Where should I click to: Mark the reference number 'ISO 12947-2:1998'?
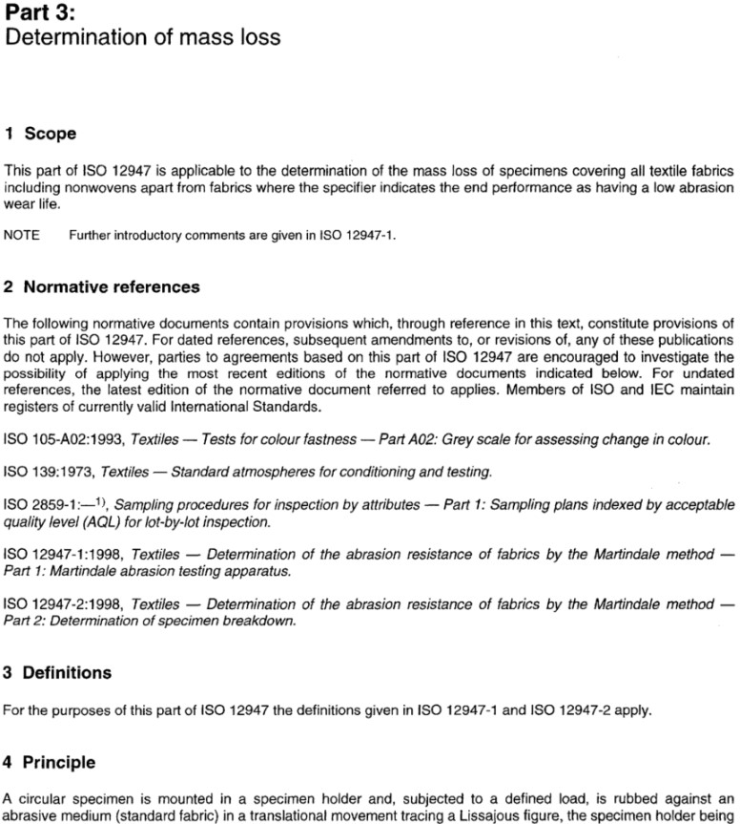tap(63, 605)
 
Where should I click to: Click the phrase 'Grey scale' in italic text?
tap(538, 439)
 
